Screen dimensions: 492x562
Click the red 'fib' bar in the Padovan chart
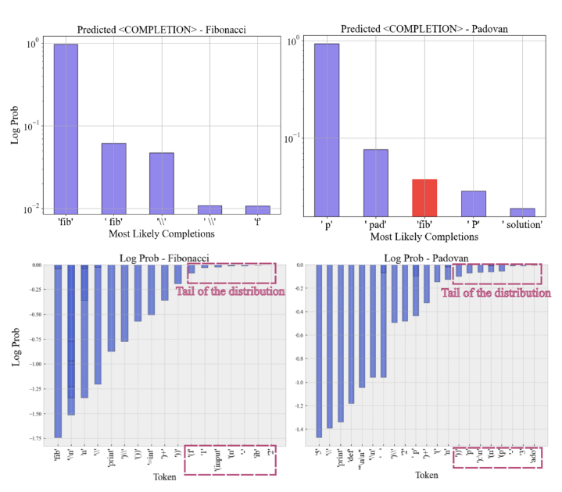click(x=425, y=198)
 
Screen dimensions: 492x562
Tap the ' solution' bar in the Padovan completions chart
click(x=522, y=212)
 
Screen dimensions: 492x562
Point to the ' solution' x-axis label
click(x=522, y=225)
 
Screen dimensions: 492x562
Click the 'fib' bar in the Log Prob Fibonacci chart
click(x=58, y=351)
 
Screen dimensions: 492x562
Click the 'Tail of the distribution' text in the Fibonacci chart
click(x=230, y=291)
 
